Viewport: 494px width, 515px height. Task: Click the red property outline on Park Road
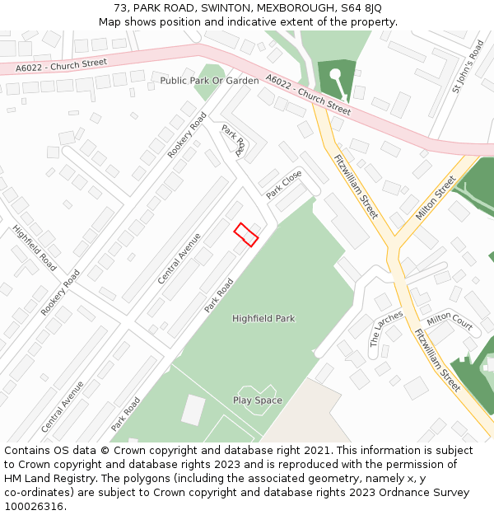[246, 234]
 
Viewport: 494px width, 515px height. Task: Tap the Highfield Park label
[263, 318]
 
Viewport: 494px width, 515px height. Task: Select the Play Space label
[257, 400]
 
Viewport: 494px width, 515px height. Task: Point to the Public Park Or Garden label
[209, 81]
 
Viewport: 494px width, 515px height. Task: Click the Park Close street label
[284, 185]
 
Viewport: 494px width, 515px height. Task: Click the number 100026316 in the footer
[35, 506]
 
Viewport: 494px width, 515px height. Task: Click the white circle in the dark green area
[335, 75]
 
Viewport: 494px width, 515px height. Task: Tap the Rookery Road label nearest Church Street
[187, 135]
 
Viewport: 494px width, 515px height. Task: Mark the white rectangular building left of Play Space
[193, 410]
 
